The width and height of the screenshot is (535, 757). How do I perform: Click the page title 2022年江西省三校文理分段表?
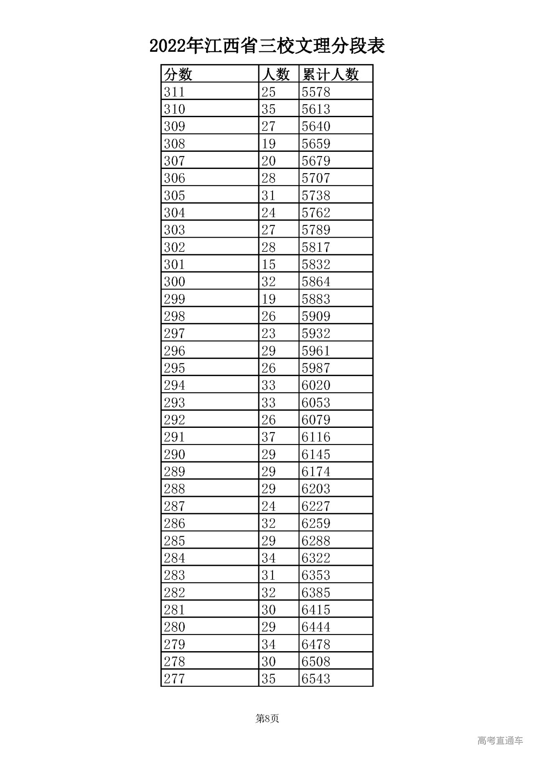coord(267,46)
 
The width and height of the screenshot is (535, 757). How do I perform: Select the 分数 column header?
coord(178,74)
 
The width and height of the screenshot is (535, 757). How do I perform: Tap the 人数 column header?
coord(275,74)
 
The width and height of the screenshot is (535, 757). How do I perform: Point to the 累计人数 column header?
coord(331,74)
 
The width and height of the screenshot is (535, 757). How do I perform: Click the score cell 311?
coord(174,92)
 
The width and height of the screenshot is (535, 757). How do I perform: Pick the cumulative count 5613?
coord(316,109)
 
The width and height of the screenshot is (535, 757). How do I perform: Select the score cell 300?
coord(174,282)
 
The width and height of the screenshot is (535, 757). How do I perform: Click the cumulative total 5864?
coord(316,282)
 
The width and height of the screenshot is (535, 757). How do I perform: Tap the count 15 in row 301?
coord(268,265)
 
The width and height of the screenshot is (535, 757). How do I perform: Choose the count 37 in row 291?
coord(268,437)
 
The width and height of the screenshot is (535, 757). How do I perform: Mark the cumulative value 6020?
coord(316,386)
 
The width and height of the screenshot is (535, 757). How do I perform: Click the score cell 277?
coord(174,679)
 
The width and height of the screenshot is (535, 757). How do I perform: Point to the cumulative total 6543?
coord(316,679)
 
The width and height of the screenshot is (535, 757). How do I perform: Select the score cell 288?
coord(174,489)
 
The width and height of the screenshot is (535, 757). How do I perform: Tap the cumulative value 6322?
coord(316,558)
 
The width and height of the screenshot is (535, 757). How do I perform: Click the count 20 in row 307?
coord(268,161)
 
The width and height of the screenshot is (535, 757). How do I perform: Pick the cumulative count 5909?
coord(316,317)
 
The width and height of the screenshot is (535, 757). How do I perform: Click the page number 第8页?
coord(267,719)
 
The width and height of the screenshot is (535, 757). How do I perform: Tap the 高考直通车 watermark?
coord(500,741)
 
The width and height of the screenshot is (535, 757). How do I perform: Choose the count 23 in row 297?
coord(268,334)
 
